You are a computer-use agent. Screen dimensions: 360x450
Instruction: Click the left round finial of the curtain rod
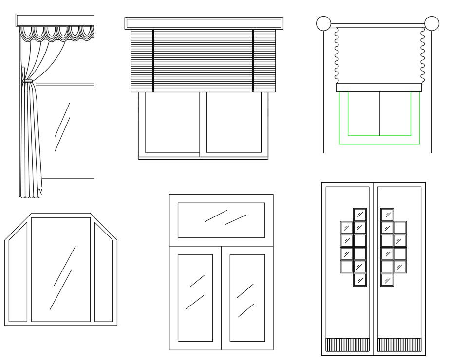tap(323, 23)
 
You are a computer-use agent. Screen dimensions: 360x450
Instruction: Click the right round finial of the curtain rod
tap(431, 23)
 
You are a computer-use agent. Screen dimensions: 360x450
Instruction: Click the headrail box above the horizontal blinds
tap(204, 23)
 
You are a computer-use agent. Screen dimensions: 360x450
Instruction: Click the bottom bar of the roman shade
tap(379, 88)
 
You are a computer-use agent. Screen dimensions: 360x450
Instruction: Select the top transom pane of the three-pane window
tap(221, 220)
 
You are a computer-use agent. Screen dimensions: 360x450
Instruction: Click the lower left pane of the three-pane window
tap(195, 297)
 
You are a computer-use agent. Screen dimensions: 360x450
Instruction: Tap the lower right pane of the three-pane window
tap(247, 297)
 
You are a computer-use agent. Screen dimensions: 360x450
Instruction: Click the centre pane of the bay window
tap(61, 270)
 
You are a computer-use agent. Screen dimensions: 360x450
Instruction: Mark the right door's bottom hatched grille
tap(399, 344)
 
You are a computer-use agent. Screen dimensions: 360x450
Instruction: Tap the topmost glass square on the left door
tap(360, 215)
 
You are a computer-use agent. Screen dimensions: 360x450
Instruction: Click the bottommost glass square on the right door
tap(387, 280)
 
